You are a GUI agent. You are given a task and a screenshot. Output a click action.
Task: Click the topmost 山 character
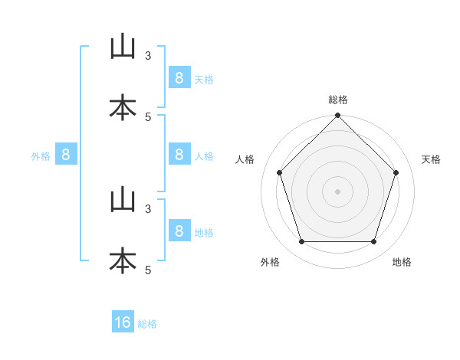point(123,46)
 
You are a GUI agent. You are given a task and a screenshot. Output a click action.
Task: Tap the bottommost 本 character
point(123,260)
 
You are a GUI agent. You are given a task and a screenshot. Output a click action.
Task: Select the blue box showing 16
point(123,321)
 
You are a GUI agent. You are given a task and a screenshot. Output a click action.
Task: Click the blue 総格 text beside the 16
point(147,324)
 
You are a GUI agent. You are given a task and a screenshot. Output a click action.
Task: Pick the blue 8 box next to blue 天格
point(179,77)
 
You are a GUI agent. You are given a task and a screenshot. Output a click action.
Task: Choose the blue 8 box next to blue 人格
point(179,154)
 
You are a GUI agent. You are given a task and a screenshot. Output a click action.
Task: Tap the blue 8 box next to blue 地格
point(179,230)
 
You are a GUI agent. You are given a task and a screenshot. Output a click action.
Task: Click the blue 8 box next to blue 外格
point(66,154)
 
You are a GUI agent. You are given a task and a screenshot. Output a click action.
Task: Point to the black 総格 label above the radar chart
point(338,100)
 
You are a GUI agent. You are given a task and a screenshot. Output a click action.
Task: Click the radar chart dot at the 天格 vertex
point(396,172)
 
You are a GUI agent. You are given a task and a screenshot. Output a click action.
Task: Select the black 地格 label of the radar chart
point(402,262)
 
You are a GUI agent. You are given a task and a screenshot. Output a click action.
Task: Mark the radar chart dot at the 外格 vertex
point(302,241)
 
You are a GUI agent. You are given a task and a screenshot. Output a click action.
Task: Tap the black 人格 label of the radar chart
point(245,159)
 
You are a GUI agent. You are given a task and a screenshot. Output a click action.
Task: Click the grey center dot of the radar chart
point(337,191)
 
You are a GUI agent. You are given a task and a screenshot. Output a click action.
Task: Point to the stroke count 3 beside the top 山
point(148,56)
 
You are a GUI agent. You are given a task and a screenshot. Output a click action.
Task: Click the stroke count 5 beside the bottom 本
point(148,270)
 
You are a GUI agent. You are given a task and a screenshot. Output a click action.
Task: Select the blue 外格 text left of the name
point(41,156)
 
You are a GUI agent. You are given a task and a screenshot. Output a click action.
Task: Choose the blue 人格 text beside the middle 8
point(204,156)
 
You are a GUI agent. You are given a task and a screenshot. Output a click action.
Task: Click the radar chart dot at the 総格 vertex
point(337,115)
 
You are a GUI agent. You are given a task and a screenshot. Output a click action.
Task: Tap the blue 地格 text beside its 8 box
point(204,233)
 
